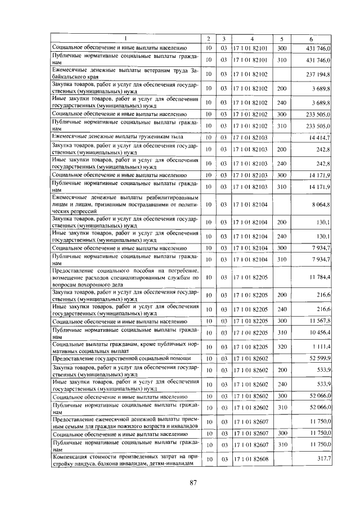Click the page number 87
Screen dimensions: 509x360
click(192, 482)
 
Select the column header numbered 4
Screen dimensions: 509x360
click(253, 39)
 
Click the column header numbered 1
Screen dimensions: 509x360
click(125, 39)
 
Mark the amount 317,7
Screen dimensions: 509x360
click(324, 460)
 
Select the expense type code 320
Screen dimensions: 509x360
click(282, 346)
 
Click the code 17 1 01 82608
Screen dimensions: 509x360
click(252, 460)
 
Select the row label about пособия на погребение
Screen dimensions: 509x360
click(125, 277)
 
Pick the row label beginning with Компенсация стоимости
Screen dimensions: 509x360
click(125, 460)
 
